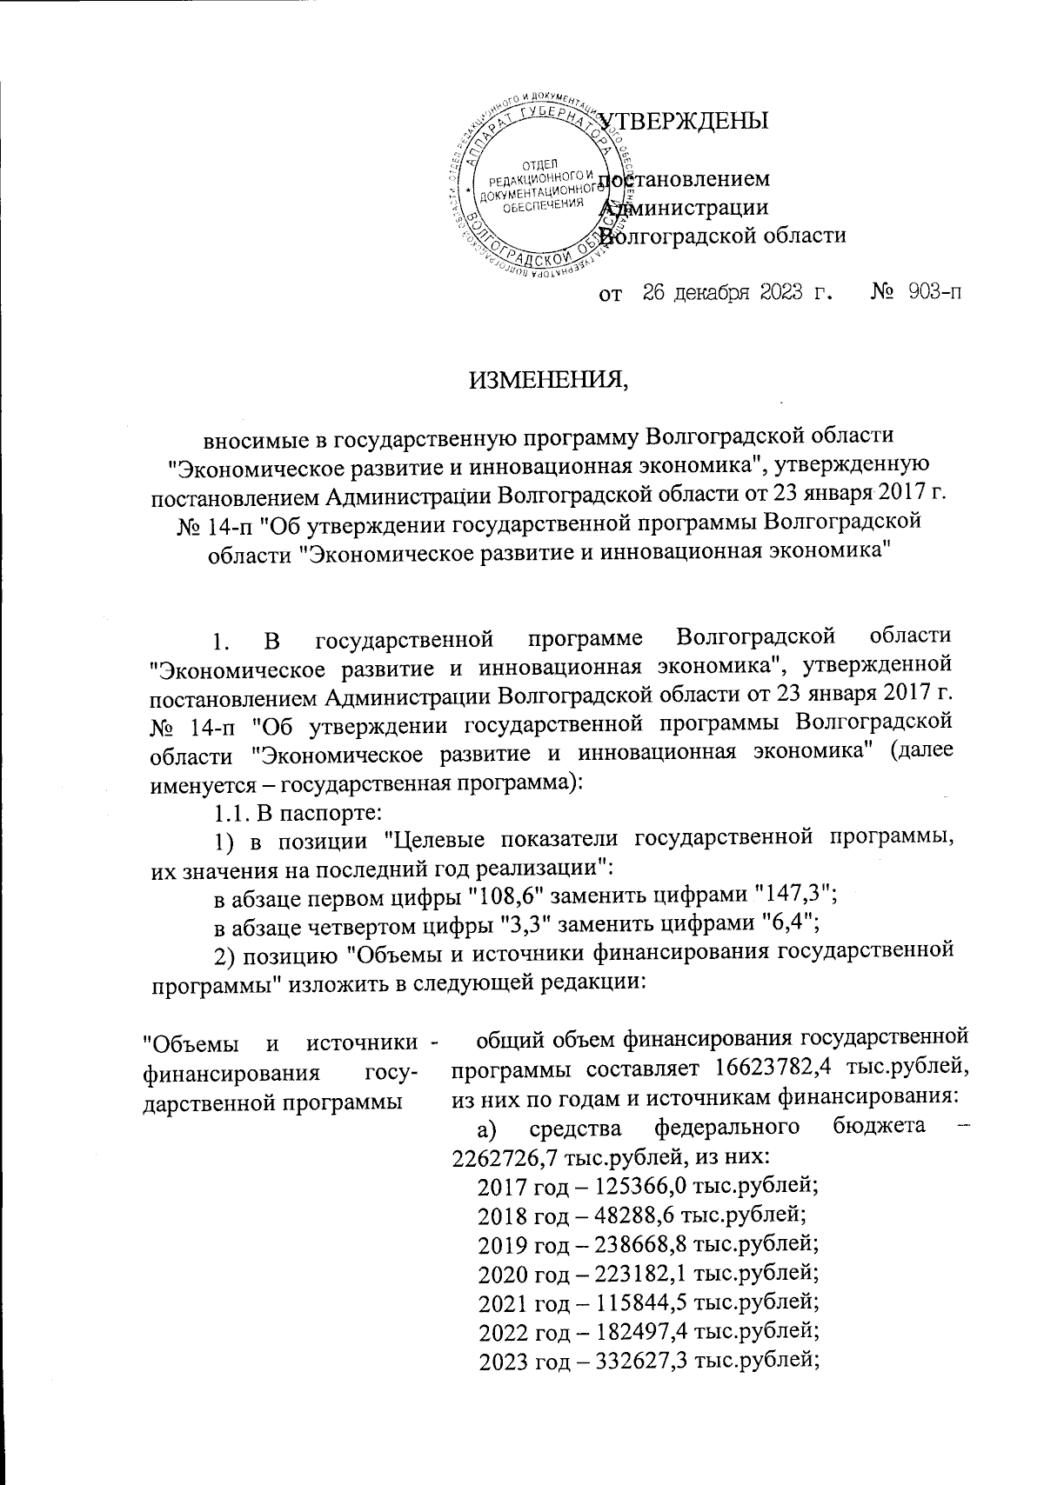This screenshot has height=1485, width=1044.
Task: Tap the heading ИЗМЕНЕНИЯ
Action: pyautogui.click(x=549, y=380)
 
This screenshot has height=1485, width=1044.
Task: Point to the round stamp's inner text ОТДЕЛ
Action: pyautogui.click(x=539, y=164)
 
